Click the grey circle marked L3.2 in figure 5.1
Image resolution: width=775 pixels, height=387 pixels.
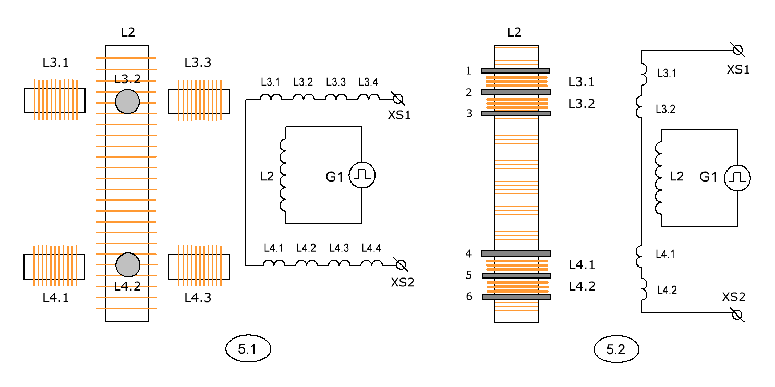tap(127, 101)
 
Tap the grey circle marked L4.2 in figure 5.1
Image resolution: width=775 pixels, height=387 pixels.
tap(128, 265)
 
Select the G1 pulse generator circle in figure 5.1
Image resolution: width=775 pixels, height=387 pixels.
tap(362, 175)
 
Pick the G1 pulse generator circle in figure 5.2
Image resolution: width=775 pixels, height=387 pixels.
tap(737, 178)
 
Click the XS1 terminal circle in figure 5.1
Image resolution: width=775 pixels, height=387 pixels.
tap(398, 99)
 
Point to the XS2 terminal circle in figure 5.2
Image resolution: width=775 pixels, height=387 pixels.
tap(737, 315)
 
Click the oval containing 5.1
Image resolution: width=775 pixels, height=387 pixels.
tap(248, 348)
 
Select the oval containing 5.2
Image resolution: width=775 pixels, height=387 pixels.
tap(616, 349)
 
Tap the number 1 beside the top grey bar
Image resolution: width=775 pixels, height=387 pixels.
tap(468, 70)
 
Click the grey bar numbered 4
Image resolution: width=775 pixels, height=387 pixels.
tap(516, 253)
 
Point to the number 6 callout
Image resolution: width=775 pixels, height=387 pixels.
tap(469, 296)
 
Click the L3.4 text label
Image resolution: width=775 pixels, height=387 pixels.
tap(368, 82)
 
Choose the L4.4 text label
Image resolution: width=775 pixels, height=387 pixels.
tap(371, 248)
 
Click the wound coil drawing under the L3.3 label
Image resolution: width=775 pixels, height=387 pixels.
tap(199, 101)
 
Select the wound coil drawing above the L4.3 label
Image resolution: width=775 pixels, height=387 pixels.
tap(199, 266)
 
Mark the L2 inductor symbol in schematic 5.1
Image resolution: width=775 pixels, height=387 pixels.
tap(283, 175)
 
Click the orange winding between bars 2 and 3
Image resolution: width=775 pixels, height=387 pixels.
tap(517, 103)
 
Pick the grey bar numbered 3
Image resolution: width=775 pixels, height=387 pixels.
tap(516, 113)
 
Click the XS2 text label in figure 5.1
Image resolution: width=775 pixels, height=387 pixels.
tap(403, 282)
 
